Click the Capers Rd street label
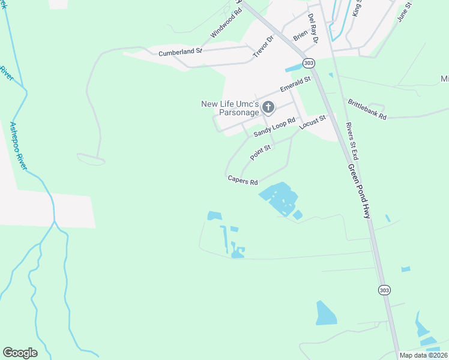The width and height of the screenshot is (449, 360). pos(243,179)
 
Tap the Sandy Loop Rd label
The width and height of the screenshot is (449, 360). pos(275,127)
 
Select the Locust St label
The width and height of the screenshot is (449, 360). pos(312,122)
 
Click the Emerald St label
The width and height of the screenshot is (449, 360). pos(295,85)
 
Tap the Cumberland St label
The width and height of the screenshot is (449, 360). pos(181,53)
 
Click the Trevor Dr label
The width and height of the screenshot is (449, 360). pos(263,46)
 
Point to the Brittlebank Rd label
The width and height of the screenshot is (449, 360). pos(366,108)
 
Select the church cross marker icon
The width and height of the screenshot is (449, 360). pos(268,108)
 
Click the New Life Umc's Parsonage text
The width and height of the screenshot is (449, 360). pos(230,108)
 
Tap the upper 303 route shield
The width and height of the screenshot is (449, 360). pos(309,63)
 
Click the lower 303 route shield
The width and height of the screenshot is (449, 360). pos(384,290)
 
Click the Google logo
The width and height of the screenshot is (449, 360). pos(20,353)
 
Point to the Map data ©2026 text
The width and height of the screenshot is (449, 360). pos(423,355)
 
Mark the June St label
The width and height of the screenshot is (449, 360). pos(403,11)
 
